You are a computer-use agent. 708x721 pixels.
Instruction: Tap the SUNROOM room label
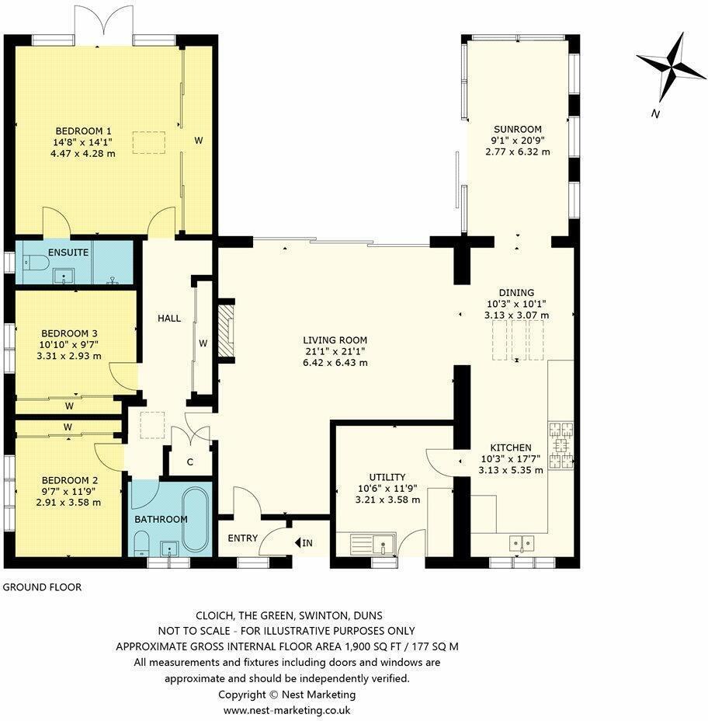[x=518, y=129]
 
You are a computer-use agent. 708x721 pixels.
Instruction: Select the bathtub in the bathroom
[x=196, y=520]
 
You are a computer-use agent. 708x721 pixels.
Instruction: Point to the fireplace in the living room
[x=225, y=331]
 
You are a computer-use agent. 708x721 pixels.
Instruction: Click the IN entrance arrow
[x=304, y=542]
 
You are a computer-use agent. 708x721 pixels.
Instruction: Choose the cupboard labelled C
[x=189, y=462]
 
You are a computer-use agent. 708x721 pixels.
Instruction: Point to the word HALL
[x=168, y=319]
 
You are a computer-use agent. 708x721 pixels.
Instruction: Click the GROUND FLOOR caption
[x=42, y=587]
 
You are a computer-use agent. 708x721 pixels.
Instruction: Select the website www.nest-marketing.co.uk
[x=287, y=710]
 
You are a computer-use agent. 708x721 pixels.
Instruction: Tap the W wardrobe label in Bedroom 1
[x=199, y=141]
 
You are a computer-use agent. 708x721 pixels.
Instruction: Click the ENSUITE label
[x=68, y=253]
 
